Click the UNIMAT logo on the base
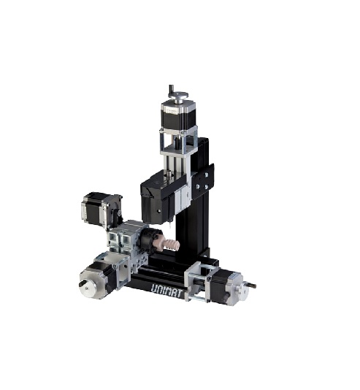coord(167,291)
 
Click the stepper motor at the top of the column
coord(178,116)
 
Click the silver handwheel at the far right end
coord(242,289)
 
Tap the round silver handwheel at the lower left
coord(88,287)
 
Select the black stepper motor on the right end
coord(221,286)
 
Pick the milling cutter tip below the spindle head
coord(169,226)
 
